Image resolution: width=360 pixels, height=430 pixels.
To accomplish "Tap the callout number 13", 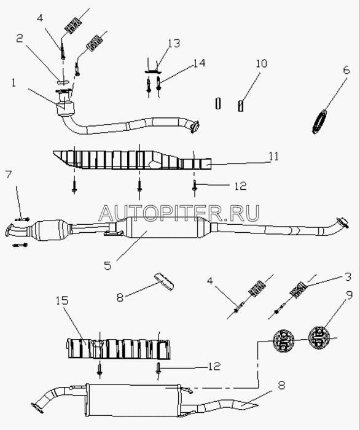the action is pyautogui.click(x=174, y=44).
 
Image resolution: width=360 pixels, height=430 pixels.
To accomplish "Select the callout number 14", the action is pyautogui.click(x=199, y=63).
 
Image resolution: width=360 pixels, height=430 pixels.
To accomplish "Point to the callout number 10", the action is pyautogui.click(x=261, y=63).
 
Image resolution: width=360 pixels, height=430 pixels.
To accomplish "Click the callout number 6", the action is pyautogui.click(x=346, y=70).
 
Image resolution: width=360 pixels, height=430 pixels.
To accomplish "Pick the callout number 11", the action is pyautogui.click(x=273, y=156).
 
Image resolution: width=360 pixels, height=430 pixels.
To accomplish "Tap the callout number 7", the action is pyautogui.click(x=9, y=174).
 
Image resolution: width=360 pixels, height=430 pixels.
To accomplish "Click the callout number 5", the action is pyautogui.click(x=108, y=265).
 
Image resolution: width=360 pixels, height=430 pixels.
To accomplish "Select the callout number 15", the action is pyautogui.click(x=62, y=300).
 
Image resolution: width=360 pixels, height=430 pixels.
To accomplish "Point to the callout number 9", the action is pyautogui.click(x=349, y=297).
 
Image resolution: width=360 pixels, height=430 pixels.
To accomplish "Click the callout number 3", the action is pyautogui.click(x=348, y=277).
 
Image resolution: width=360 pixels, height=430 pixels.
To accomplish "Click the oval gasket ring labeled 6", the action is pyautogui.click(x=320, y=121).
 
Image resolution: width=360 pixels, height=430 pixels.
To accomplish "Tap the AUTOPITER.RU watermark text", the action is pyautogui.click(x=179, y=213).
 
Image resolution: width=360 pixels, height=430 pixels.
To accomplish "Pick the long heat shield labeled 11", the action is pyautogui.click(x=131, y=160).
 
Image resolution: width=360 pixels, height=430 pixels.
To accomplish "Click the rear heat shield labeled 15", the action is pyautogui.click(x=119, y=348).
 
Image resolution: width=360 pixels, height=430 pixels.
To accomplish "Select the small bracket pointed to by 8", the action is pyautogui.click(x=164, y=281).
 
